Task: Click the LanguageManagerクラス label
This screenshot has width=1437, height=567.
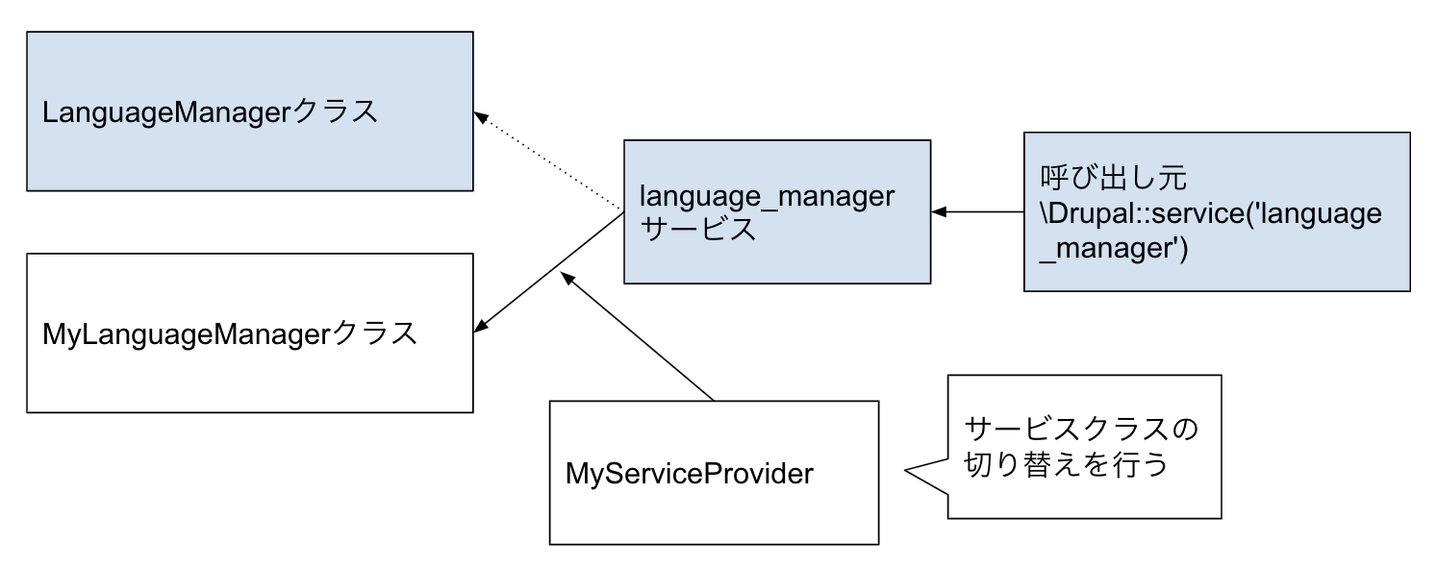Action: (210, 111)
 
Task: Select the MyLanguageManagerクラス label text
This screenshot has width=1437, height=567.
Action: (230, 333)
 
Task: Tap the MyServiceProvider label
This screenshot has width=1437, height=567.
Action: (689, 474)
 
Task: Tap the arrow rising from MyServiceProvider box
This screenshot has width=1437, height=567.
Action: (640, 337)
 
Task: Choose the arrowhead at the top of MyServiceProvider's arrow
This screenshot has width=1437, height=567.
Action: (566, 277)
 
